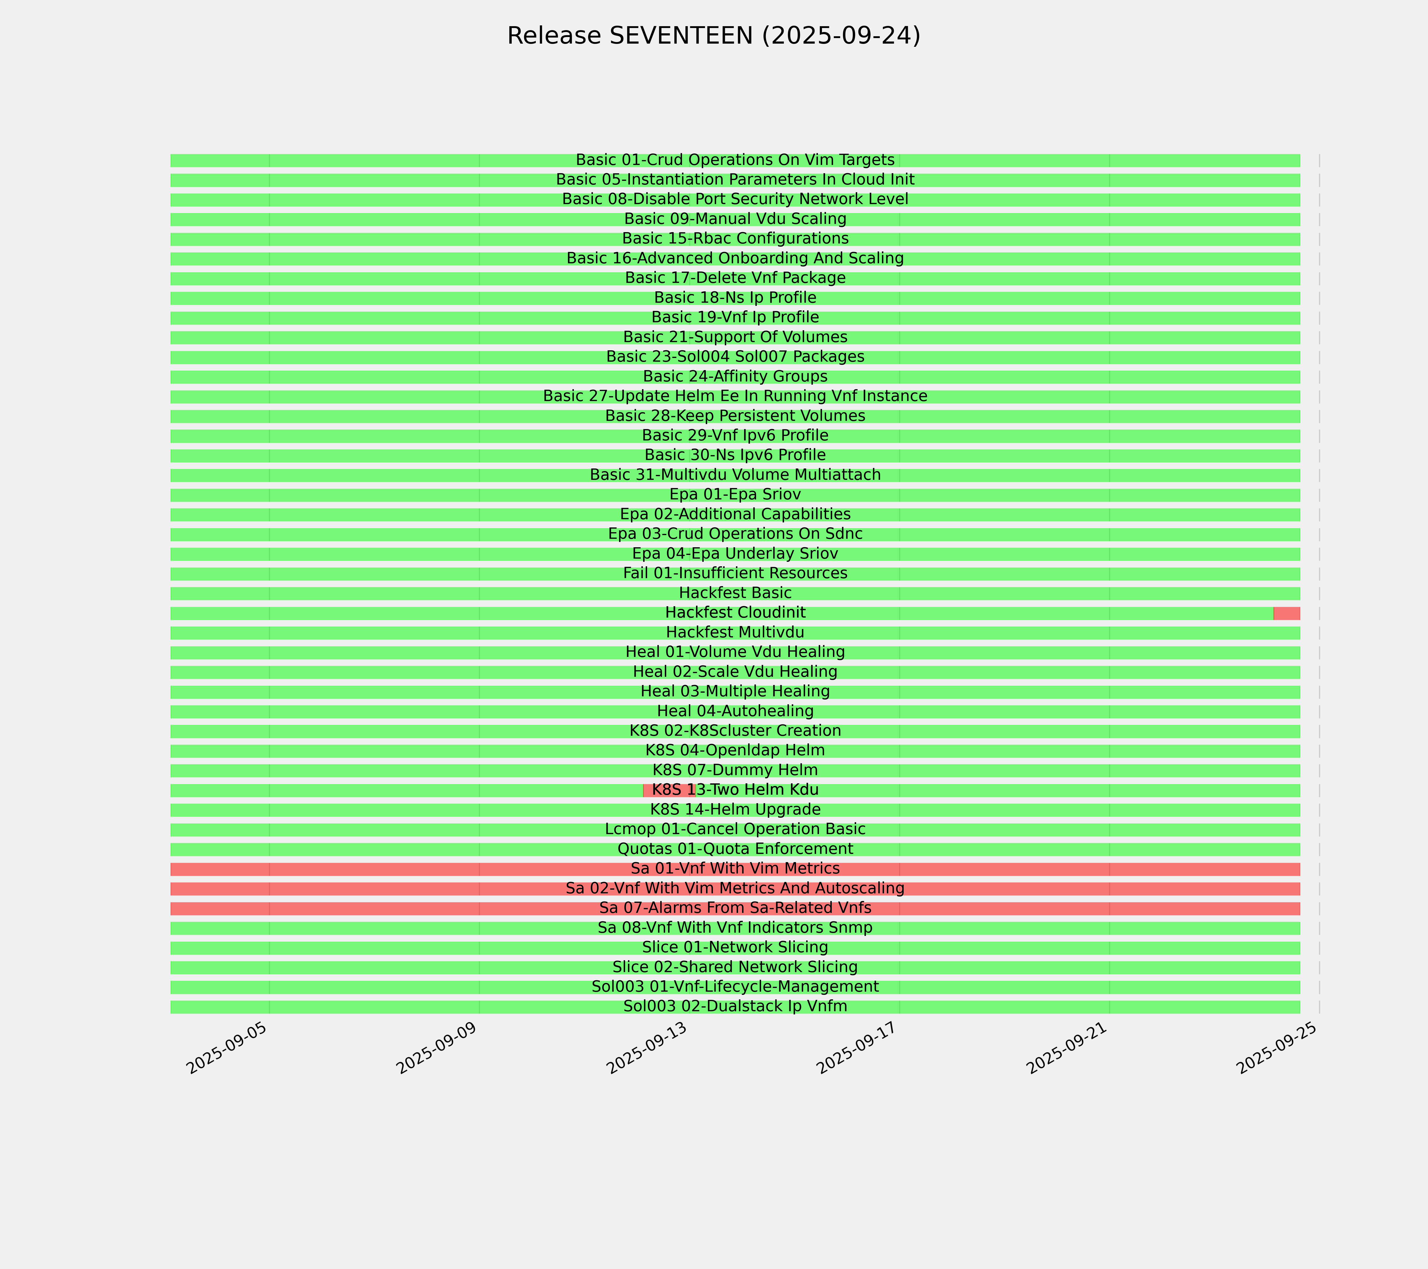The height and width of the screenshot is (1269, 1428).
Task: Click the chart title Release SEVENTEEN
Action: coord(713,36)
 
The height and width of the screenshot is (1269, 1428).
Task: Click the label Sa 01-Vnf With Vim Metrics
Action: coord(735,869)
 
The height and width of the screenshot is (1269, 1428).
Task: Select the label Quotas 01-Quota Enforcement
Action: coord(735,849)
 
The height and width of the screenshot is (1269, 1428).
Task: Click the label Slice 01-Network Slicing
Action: coord(735,948)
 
